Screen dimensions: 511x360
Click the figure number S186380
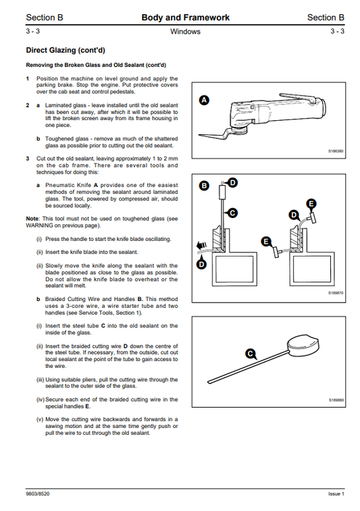(336, 152)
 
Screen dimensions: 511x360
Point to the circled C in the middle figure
(232, 213)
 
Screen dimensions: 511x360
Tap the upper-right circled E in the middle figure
(311, 203)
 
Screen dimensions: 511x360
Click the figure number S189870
(336, 294)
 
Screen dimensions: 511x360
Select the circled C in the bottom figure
(251, 353)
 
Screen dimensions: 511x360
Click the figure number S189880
(336, 400)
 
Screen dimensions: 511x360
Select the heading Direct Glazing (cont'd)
(65, 50)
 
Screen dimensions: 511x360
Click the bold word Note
(32, 219)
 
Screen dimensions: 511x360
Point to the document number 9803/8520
(39, 493)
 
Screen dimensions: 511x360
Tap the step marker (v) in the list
(40, 419)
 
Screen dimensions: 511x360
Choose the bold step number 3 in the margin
(28, 158)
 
